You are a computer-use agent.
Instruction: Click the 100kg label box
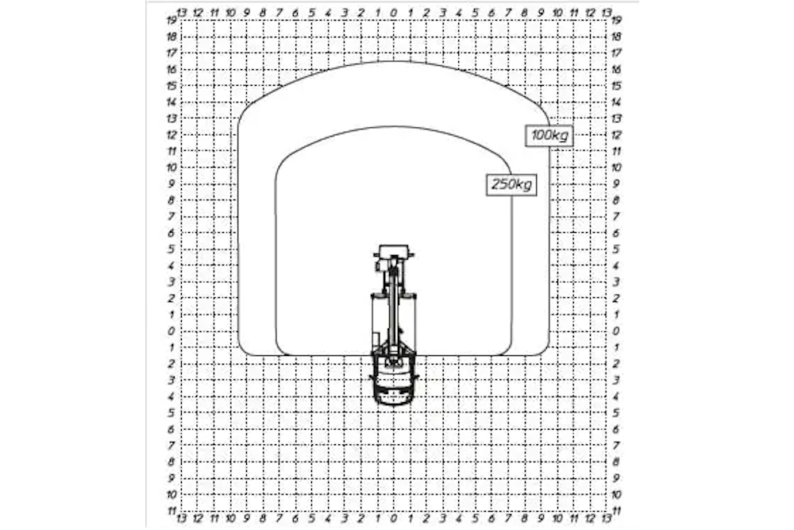tap(549, 135)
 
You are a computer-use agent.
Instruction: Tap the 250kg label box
tap(511, 184)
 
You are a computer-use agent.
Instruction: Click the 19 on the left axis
tap(172, 21)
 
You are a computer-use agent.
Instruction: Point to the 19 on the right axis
tap(616, 21)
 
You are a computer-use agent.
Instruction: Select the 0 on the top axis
tap(394, 13)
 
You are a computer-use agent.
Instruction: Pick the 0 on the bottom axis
tap(394, 518)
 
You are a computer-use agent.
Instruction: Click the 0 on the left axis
tap(172, 331)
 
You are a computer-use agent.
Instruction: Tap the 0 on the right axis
tap(616, 331)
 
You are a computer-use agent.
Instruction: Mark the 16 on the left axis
tap(172, 69)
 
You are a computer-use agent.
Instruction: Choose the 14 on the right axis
tap(616, 103)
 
